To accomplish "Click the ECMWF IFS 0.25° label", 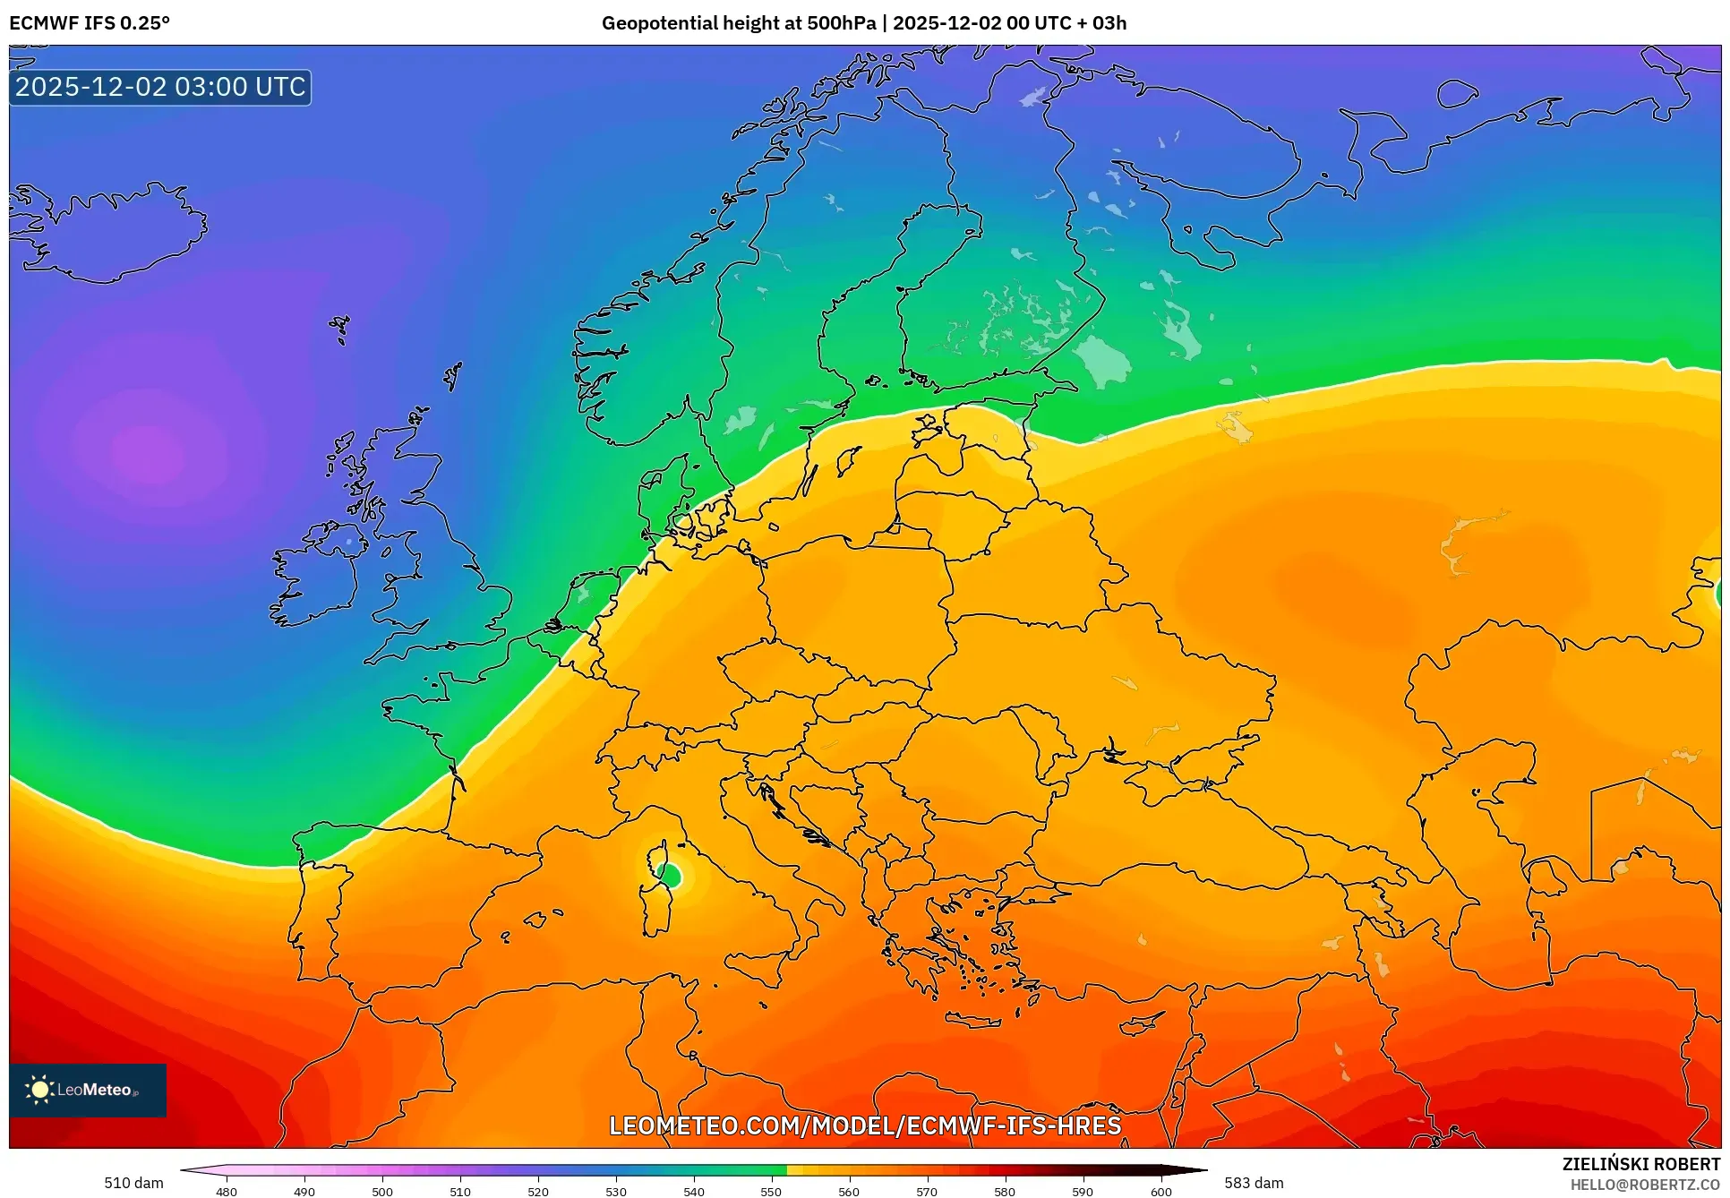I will click(90, 23).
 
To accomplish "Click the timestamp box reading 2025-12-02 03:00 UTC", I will click(160, 87).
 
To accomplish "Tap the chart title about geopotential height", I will click(863, 23).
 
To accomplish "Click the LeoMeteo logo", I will click(87, 1090).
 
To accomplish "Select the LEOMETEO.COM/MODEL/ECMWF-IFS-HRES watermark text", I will click(864, 1125).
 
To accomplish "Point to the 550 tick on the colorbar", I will click(771, 1191).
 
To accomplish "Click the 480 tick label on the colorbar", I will click(227, 1191).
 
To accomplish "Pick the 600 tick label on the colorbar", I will click(1160, 1191).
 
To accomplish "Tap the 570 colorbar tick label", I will click(927, 1191).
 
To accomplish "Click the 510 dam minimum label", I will click(133, 1183).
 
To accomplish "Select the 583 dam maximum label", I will click(1254, 1183).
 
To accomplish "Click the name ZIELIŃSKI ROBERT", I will click(1640, 1164).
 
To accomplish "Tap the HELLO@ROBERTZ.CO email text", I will click(1644, 1185).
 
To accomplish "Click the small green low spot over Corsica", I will click(668, 875).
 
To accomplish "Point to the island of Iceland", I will click(107, 233).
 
